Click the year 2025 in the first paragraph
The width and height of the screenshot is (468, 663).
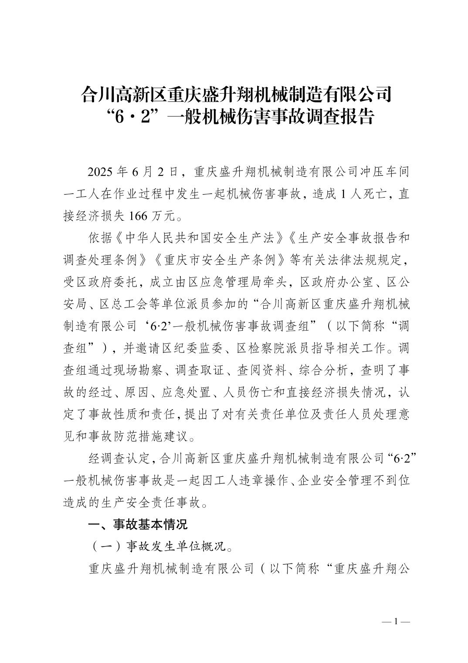[100, 171]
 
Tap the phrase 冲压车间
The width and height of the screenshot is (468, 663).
[384, 171]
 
